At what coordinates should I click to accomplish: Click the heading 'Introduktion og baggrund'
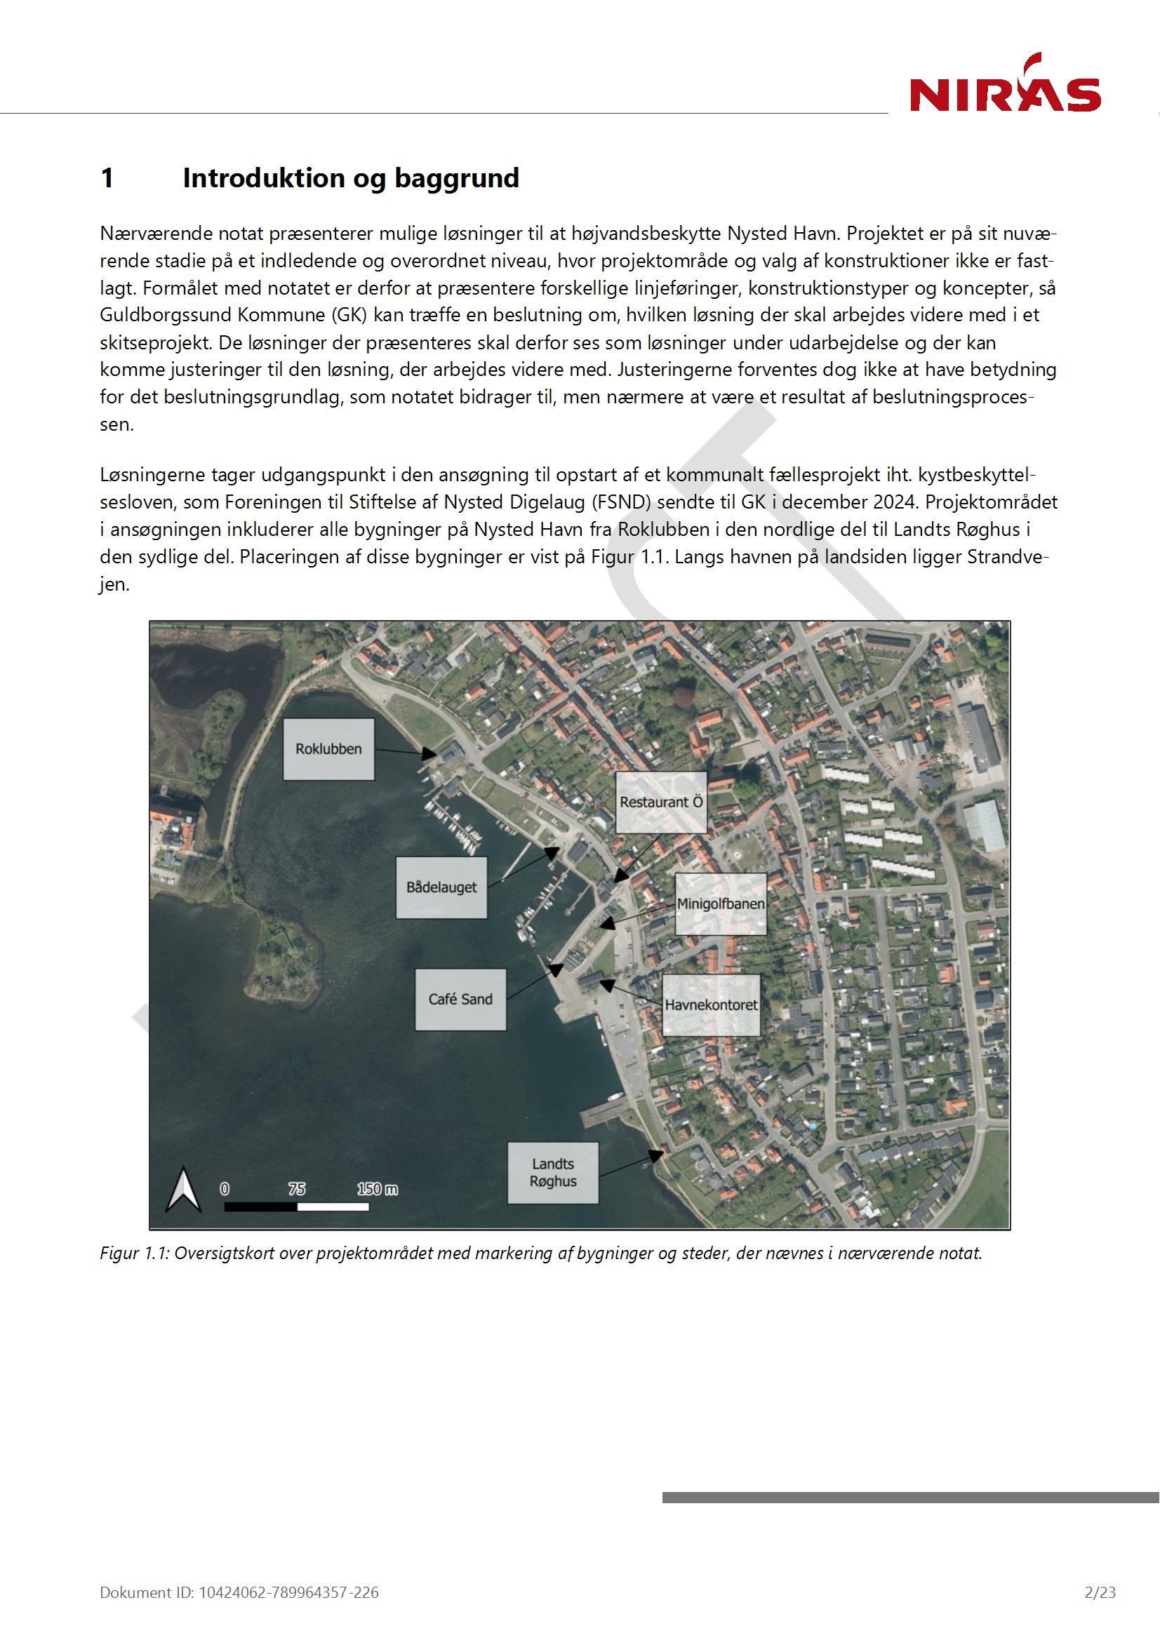click(x=350, y=178)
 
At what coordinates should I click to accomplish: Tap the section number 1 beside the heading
click(x=107, y=178)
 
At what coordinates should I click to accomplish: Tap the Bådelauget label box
click(x=441, y=887)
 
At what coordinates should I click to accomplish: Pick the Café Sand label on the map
click(x=460, y=1000)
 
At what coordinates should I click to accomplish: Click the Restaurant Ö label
click(x=661, y=802)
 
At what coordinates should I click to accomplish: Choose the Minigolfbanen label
click(x=721, y=903)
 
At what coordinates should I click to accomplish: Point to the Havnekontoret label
click(x=711, y=1004)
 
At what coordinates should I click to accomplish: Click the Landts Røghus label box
click(x=552, y=1172)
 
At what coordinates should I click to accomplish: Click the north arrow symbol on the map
click(x=183, y=1189)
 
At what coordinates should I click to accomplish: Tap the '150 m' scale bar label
click(x=378, y=1188)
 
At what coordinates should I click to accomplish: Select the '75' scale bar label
click(x=297, y=1188)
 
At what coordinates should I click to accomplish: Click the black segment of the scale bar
click(x=260, y=1207)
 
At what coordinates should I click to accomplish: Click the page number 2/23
click(x=1099, y=1592)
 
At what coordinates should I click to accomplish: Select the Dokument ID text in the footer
click(x=239, y=1592)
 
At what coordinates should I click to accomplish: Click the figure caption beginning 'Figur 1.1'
click(x=540, y=1253)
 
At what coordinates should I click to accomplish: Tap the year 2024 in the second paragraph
click(x=893, y=502)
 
